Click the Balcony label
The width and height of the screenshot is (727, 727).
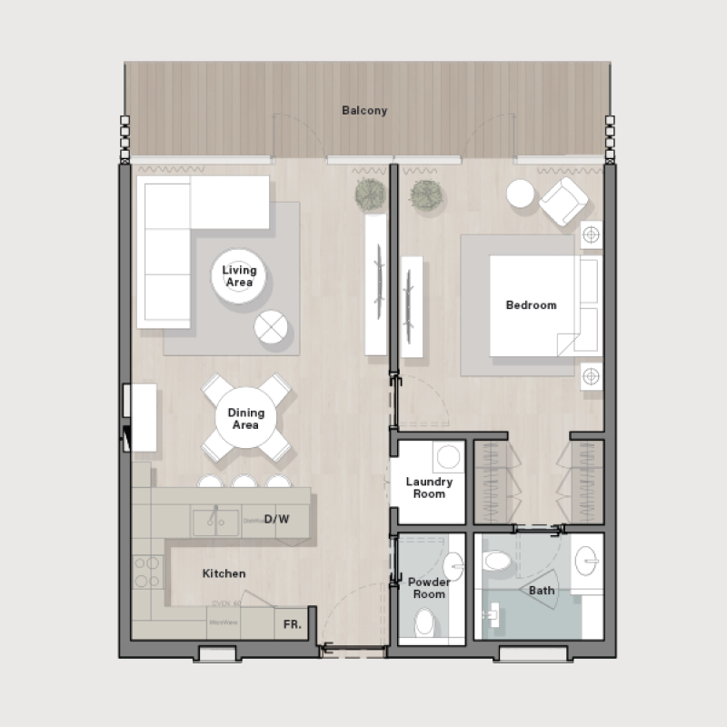point(364,111)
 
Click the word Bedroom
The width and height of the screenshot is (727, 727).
point(531,305)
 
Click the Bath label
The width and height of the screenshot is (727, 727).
point(542,591)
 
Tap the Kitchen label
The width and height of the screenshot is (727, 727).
point(224,573)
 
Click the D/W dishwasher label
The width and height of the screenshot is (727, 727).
point(276,520)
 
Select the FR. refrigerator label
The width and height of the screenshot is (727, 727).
point(293,625)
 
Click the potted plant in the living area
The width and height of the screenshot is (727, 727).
point(369,194)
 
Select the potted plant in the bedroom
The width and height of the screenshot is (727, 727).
point(424,194)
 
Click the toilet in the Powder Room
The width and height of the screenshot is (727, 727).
point(424,623)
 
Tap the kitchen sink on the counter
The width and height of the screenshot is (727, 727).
point(215,522)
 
